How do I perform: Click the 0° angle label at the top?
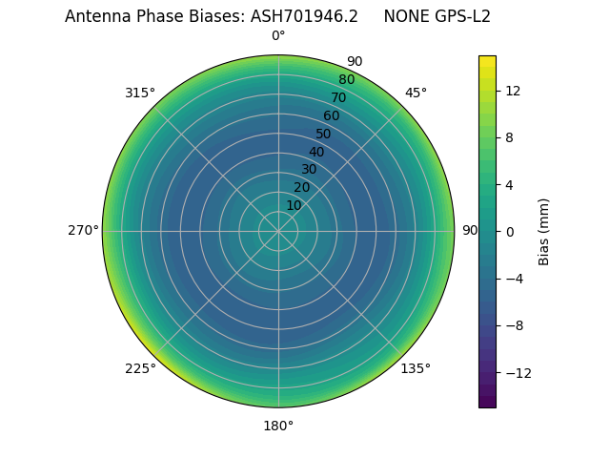[278, 36]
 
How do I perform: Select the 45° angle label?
[416, 93]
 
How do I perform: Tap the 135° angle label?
[416, 368]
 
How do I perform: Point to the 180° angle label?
[278, 426]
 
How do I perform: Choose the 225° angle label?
[140, 368]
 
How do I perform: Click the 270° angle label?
[83, 231]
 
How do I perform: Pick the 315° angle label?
[140, 93]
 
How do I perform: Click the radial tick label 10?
[294, 205]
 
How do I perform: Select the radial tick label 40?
[316, 152]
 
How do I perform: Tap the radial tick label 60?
[331, 116]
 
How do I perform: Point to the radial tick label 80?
[346, 80]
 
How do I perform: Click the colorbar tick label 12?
[512, 91]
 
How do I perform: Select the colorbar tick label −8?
[512, 325]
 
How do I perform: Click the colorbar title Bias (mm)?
[544, 232]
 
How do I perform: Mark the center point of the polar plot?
[278, 231]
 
